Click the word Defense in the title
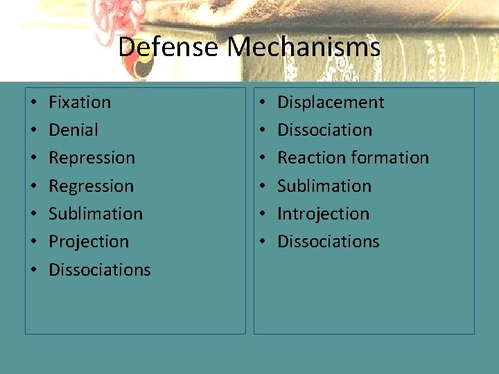(x=169, y=48)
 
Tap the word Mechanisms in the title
(x=304, y=48)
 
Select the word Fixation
(x=80, y=103)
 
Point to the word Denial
(x=73, y=130)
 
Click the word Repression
(x=91, y=158)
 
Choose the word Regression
(x=91, y=186)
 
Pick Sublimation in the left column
(x=96, y=214)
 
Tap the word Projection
(x=89, y=242)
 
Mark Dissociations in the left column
(x=100, y=269)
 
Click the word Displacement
(x=331, y=103)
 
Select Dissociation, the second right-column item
(x=324, y=130)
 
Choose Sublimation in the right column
(x=324, y=186)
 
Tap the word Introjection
(x=323, y=214)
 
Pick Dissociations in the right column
(x=329, y=242)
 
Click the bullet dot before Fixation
(x=33, y=103)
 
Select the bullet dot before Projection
(x=33, y=242)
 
